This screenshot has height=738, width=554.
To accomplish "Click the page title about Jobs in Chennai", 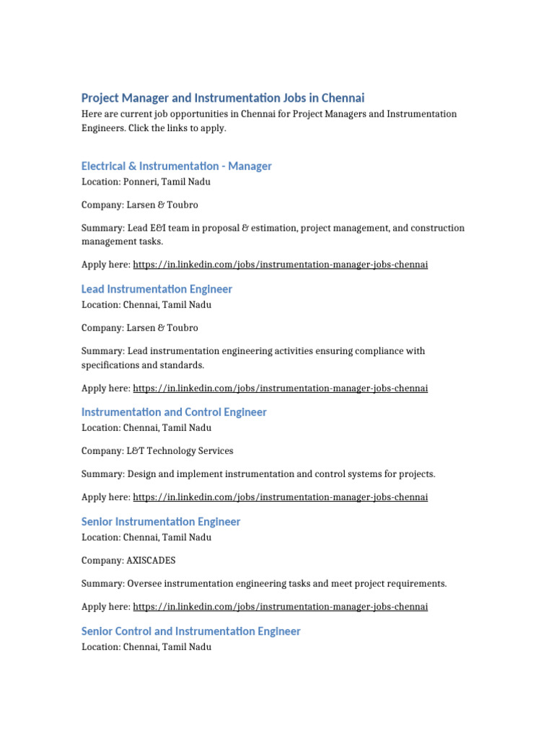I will pos(223,97).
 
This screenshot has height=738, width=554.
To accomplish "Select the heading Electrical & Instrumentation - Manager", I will pos(177,166).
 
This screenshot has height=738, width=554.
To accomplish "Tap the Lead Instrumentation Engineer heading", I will pos(157,289).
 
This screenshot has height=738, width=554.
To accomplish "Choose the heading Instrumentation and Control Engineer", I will pos(174,412).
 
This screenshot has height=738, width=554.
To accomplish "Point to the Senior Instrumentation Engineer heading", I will pos(161,521).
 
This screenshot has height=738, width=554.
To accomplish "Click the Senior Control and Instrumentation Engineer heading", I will pos(191,631).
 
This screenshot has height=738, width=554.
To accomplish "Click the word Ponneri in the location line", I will pos(141,182).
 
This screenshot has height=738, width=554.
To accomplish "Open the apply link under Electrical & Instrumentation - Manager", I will pos(280,264).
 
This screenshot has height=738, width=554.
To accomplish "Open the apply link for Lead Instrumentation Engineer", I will pos(280,388).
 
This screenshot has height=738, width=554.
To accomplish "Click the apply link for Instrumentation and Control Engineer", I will pos(280,497).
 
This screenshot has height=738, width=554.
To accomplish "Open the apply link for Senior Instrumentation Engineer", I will pos(280,606).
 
